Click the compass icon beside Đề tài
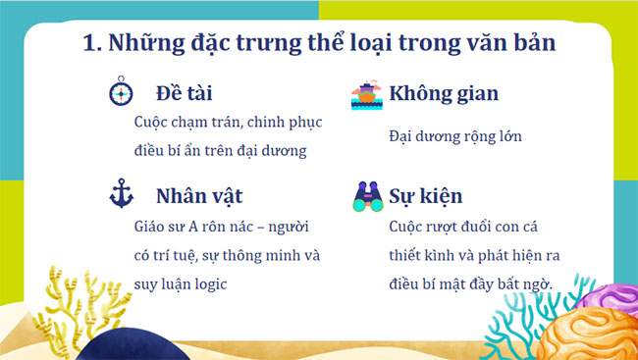pyautogui.click(x=120, y=94)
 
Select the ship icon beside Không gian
pyautogui.click(x=367, y=95)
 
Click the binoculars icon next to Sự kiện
pyautogui.click(x=367, y=197)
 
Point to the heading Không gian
pyautogui.click(x=444, y=94)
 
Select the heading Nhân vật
pyautogui.click(x=199, y=195)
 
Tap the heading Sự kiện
pyautogui.click(x=426, y=196)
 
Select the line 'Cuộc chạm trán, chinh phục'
pyautogui.click(x=228, y=124)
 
